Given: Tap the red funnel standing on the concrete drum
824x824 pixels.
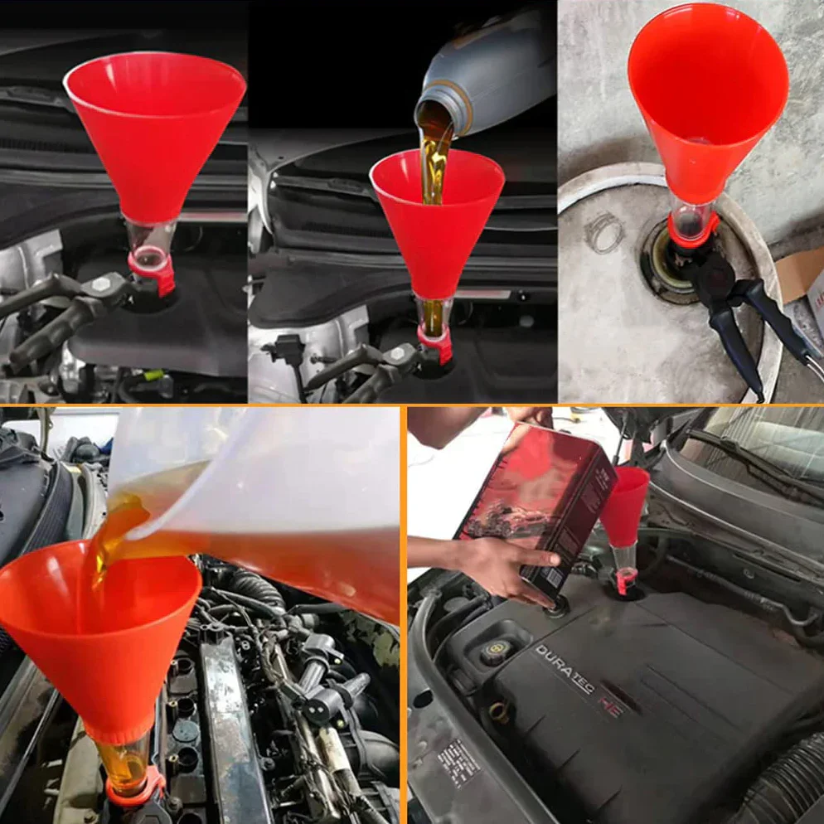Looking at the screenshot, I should [706, 99].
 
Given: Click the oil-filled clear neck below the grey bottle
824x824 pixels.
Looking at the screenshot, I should [433, 316].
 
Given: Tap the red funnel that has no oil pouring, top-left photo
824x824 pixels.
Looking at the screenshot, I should [154, 133].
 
